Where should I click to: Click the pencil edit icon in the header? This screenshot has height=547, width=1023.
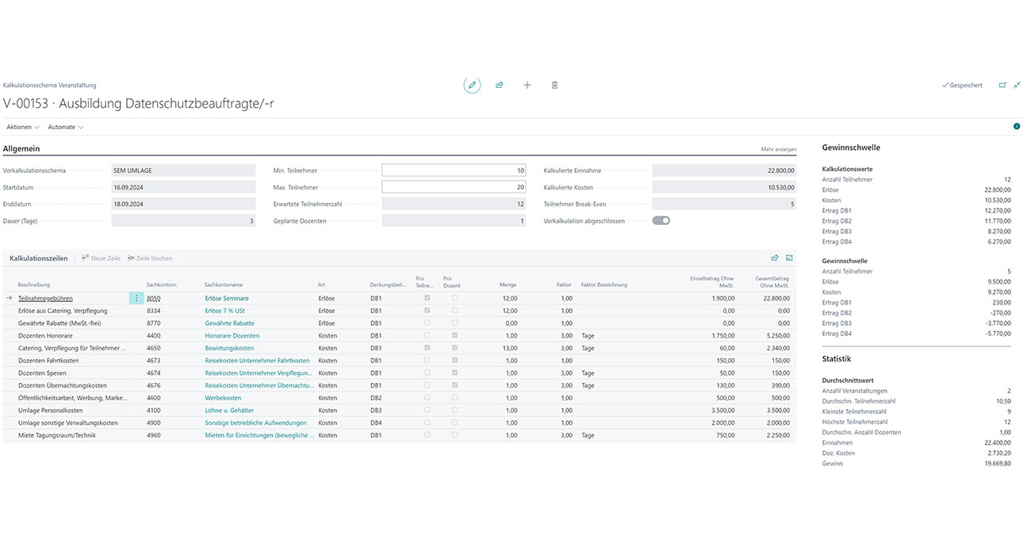point(472,85)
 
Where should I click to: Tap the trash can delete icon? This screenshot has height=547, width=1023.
point(555,85)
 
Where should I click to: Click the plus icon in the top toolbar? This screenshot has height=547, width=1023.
point(527,85)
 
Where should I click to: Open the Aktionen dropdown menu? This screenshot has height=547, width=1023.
point(23,127)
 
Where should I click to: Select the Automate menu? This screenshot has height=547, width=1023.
point(65,127)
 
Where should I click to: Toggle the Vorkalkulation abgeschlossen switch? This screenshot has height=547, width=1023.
point(661,221)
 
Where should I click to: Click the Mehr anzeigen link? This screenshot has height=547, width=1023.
point(778,149)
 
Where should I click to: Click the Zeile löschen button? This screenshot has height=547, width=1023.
point(150,258)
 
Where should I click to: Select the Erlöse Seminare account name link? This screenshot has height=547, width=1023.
point(227,298)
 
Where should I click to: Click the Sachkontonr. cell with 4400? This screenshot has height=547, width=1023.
point(154,336)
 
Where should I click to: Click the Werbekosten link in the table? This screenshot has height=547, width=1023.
point(223,398)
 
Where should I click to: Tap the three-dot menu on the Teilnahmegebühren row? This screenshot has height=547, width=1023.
point(136,298)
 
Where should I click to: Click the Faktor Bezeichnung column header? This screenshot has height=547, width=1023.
point(603,285)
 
